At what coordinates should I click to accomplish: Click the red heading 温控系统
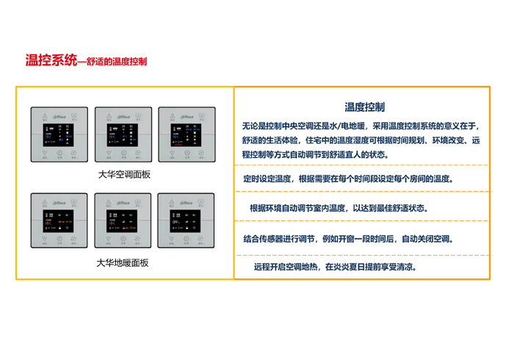[x=50, y=60]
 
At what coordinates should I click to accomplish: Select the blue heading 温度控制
[x=364, y=107]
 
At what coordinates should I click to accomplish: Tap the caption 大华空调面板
[x=124, y=175]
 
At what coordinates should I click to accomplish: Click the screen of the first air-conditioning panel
[x=59, y=134]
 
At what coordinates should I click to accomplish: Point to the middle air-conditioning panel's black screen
[x=123, y=134]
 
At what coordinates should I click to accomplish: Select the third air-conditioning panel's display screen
[x=187, y=134]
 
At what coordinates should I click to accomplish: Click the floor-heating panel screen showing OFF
[x=187, y=220]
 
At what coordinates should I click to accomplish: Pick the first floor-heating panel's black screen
[x=59, y=220]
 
